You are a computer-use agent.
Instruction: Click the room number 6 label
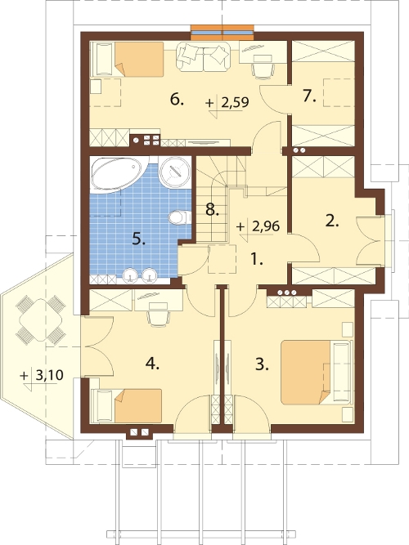click(x=177, y=101)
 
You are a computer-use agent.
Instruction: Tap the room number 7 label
click(x=309, y=96)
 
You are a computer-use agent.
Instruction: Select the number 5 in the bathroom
click(x=138, y=239)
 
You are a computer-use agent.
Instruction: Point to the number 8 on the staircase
click(x=212, y=210)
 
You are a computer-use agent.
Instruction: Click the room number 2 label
click(x=332, y=221)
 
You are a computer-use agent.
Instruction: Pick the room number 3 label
click(x=262, y=364)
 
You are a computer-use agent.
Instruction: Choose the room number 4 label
click(x=152, y=364)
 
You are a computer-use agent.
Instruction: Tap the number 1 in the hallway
click(x=257, y=259)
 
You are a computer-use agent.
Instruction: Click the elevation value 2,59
click(x=235, y=102)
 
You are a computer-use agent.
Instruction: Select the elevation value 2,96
click(x=266, y=226)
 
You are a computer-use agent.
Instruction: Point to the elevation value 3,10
click(x=50, y=375)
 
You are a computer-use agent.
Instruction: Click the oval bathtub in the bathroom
click(x=117, y=173)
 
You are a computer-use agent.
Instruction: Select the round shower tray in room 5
click(x=175, y=172)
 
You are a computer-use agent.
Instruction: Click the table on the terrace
click(x=41, y=319)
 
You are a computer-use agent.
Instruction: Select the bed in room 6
click(x=127, y=59)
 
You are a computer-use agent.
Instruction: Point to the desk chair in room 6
click(x=263, y=70)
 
